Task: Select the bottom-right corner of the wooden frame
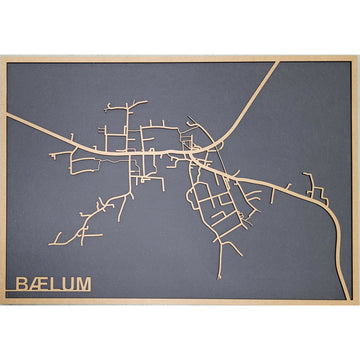click(357, 302)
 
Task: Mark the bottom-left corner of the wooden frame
click(3, 302)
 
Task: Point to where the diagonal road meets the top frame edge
click(277, 63)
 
